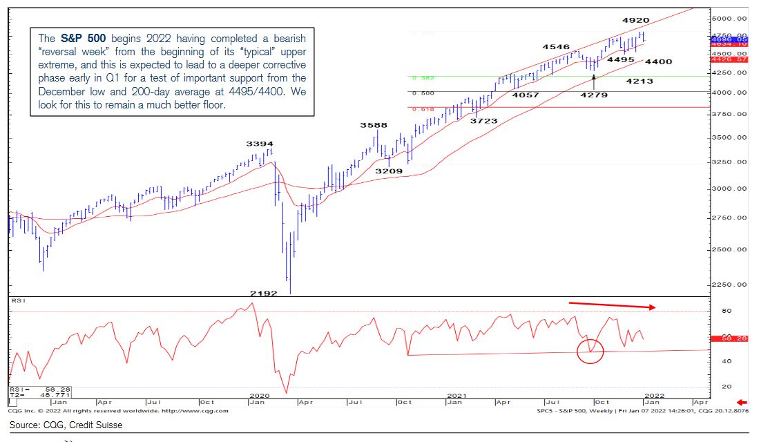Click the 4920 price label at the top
point(635,21)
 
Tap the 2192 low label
point(263,294)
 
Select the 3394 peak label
point(260,144)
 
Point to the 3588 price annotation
point(373,125)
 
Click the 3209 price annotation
point(389,170)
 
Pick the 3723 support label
point(483,121)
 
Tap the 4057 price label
point(526,95)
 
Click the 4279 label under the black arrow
point(593,95)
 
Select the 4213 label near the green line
point(639,81)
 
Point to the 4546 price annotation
point(556,47)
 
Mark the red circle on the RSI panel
point(590,351)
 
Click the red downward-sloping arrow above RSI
point(612,305)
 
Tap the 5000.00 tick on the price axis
point(731,18)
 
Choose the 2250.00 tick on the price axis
point(731,285)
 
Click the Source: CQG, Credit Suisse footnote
point(66,425)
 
